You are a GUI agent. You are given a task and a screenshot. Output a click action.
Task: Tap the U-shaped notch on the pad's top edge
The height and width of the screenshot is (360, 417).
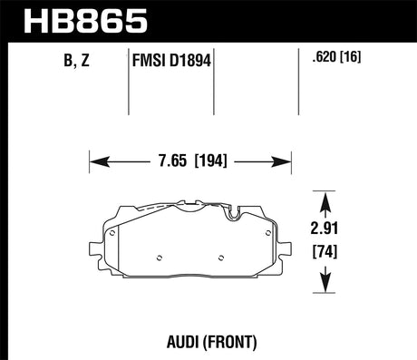pos(234,216)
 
